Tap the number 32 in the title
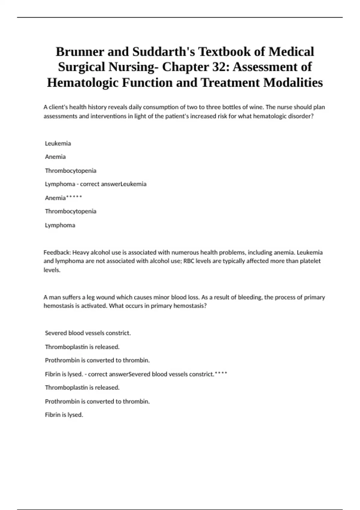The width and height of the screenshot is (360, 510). point(220,67)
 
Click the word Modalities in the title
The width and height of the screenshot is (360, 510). point(293,82)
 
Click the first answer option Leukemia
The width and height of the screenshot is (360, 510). point(58,143)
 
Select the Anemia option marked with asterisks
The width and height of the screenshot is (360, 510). point(55,198)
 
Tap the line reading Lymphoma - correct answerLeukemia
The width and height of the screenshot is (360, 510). point(96,184)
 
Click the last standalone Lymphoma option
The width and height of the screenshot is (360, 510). point(60,225)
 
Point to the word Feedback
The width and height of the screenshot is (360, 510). point(57,252)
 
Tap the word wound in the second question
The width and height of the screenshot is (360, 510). point(105,297)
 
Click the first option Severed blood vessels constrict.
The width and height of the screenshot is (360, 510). point(88,333)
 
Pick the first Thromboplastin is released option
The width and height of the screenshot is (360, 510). point(82,347)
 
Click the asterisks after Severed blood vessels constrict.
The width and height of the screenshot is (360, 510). point(221,373)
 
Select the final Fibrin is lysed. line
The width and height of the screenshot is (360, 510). point(64,415)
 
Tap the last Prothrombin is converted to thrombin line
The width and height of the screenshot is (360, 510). point(97,401)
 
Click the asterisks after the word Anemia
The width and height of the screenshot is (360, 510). point(74,197)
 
